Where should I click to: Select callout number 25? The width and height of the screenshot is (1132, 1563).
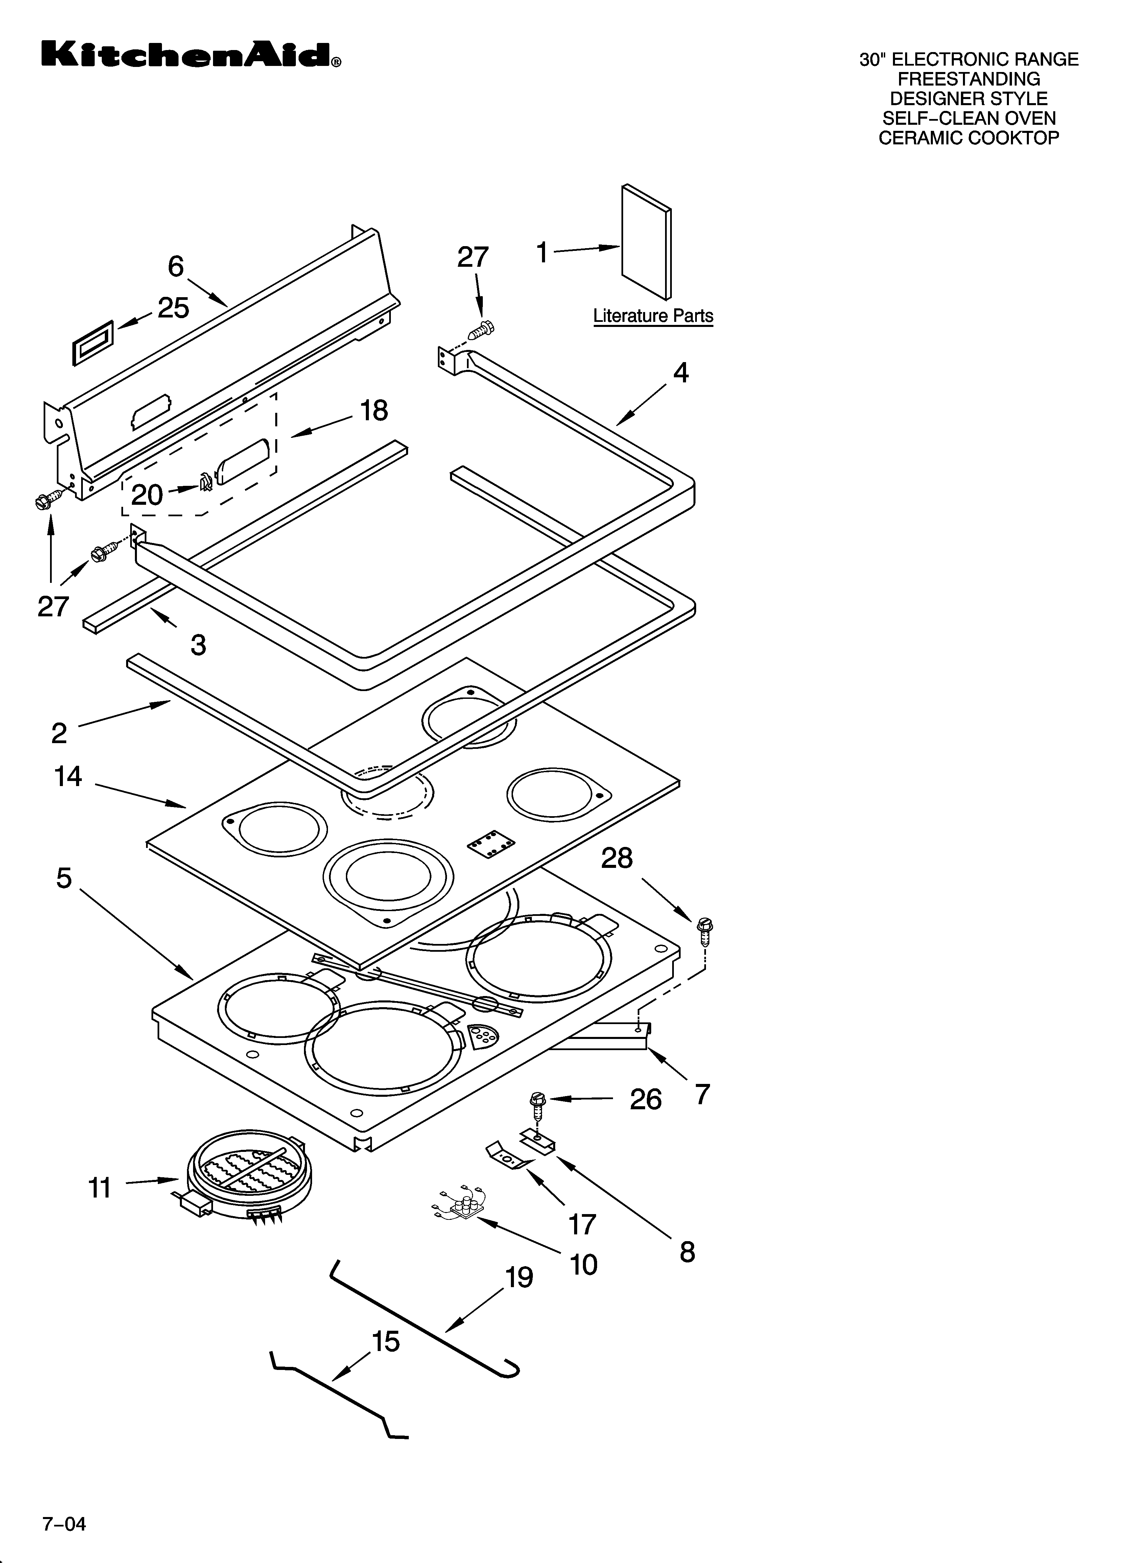pos(173,308)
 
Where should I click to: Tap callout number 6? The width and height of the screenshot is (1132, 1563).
pos(176,266)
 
